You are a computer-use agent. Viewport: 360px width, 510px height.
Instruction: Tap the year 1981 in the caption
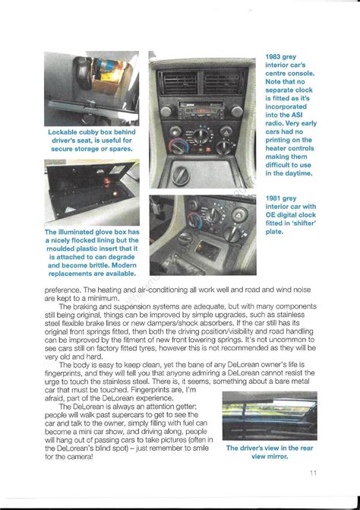pyautogui.click(x=276, y=198)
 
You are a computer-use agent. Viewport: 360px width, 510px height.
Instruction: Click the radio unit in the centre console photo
pyautogui.click(x=201, y=109)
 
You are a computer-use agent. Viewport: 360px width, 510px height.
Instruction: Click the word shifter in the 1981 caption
pyautogui.click(x=300, y=223)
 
